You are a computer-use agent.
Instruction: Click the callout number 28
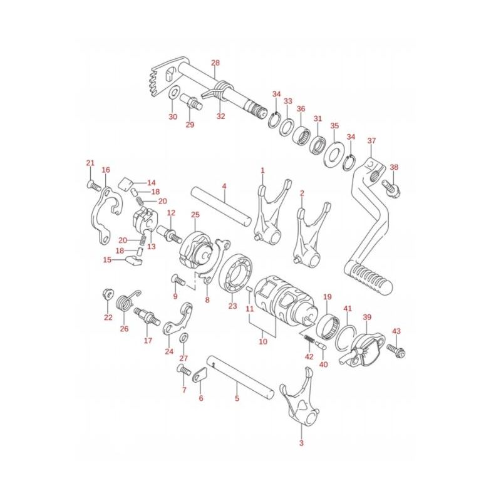pos(215,63)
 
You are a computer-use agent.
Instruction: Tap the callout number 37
pos(371,140)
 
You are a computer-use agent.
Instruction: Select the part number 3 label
pos(301,443)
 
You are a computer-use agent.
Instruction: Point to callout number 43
pos(396,331)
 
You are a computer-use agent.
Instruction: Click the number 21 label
pos(90,163)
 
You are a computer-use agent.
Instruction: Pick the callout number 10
pos(263,341)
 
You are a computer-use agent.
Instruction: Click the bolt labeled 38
pos(391,188)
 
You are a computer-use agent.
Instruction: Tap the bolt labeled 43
pos(396,349)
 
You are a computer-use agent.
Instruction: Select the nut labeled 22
pos(108,294)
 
